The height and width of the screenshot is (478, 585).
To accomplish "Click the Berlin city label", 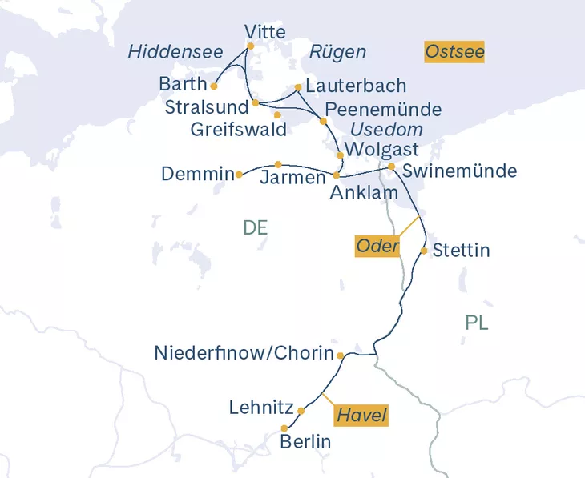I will click(305, 442).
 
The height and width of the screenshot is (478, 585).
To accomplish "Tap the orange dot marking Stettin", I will click(424, 251).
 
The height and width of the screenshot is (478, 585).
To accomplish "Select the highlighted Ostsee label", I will click(455, 53).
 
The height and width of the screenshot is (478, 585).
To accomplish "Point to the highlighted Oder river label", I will click(377, 246).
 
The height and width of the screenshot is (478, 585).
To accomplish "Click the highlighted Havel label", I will click(361, 416).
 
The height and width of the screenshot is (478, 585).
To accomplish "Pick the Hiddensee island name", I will click(175, 53).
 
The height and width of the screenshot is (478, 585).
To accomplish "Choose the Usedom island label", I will click(386, 130).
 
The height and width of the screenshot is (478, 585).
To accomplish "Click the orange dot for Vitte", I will click(250, 46).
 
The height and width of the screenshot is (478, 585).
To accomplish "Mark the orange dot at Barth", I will click(214, 86).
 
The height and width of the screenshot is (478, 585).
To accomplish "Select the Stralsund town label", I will click(205, 106).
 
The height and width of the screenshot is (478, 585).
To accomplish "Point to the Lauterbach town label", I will click(356, 86).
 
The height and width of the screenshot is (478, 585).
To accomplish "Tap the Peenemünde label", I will click(383, 109).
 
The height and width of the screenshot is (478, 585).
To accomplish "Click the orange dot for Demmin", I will click(239, 174).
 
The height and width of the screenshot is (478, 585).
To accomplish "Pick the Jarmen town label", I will click(292, 178).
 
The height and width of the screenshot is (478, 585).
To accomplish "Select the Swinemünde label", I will click(459, 171).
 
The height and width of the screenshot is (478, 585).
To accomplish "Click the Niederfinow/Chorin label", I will click(243, 353).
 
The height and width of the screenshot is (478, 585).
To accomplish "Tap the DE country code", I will click(255, 228).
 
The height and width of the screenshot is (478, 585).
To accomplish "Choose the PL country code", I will click(477, 323).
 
